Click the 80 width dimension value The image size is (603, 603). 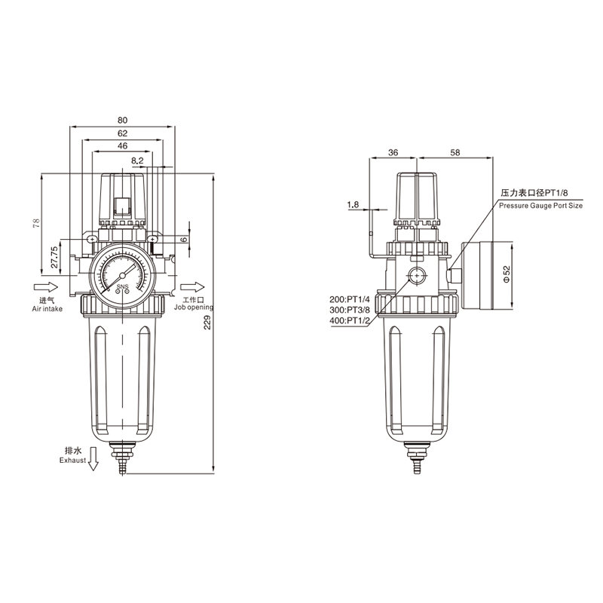tap(122, 121)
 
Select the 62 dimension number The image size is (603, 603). tap(122, 133)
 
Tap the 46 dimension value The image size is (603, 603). tap(122, 146)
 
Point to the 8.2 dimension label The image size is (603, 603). tap(137, 161)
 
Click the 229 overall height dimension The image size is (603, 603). tap(207, 323)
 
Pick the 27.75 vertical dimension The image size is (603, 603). tap(54, 257)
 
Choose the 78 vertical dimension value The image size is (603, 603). tap(36, 224)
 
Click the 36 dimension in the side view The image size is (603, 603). tap(393, 153)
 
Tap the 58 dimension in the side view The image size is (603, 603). tap(455, 153)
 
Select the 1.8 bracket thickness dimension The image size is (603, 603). tap(353, 204)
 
